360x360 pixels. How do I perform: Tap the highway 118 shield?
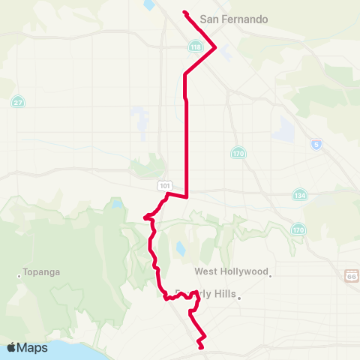point(196,46)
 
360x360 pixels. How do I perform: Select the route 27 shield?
point(17,101)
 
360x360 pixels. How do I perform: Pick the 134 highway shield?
point(300,194)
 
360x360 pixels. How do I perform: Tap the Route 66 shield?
point(352,275)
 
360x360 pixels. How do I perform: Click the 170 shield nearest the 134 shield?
point(299,228)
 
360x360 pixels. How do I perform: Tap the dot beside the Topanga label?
point(19,275)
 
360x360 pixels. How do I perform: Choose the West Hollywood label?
point(231,271)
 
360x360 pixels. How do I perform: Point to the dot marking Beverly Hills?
point(238,297)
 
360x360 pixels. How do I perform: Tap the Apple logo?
point(12,347)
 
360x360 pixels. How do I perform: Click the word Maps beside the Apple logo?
point(33,348)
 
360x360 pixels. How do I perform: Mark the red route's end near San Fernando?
point(184,12)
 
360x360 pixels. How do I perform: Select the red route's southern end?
point(200,347)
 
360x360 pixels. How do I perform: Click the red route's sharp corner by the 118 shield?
point(216,48)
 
